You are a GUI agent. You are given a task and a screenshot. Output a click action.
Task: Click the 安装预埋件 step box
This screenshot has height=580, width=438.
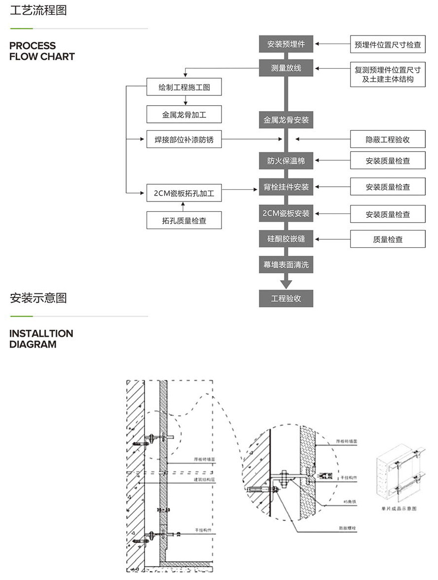pyautogui.click(x=286, y=44)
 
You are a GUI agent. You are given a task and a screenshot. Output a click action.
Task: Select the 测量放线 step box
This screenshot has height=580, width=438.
pyautogui.click(x=286, y=68)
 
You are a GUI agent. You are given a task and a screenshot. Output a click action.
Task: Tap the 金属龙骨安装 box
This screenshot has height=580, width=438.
pyautogui.click(x=286, y=120)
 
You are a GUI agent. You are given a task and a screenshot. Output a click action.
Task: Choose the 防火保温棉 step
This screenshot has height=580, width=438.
pyautogui.click(x=286, y=161)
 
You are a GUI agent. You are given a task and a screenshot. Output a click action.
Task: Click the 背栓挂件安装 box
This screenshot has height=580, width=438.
pyautogui.click(x=286, y=187)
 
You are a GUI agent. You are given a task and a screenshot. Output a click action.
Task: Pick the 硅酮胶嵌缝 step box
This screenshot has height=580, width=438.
pyautogui.click(x=286, y=239)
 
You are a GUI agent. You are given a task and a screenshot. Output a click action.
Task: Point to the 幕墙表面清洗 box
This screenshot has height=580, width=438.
pyautogui.click(x=286, y=264)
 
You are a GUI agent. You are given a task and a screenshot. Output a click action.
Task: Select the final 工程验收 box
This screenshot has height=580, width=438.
pyautogui.click(x=286, y=298)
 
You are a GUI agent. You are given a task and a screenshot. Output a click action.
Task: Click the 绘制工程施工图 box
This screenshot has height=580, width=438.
pyautogui.click(x=184, y=87)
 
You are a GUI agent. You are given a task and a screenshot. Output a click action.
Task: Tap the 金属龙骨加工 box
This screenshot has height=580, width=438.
pyautogui.click(x=184, y=115)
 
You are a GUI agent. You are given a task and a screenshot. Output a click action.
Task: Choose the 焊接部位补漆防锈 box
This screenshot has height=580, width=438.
pyautogui.click(x=184, y=140)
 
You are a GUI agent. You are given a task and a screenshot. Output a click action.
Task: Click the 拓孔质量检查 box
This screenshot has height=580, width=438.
pyautogui.click(x=184, y=221)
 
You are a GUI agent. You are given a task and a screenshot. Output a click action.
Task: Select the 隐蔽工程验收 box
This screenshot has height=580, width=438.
pyautogui.click(x=388, y=140)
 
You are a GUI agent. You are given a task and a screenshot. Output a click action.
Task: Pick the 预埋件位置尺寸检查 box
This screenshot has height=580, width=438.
pyautogui.click(x=388, y=45)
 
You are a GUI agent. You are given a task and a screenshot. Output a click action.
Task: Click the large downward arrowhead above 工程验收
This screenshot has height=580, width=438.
pyautogui.click(x=286, y=284)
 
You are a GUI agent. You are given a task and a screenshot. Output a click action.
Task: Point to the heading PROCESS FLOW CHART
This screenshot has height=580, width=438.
pyautogui.click(x=42, y=51)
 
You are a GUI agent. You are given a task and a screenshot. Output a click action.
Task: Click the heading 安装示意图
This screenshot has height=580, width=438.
pyautogui.click(x=38, y=298)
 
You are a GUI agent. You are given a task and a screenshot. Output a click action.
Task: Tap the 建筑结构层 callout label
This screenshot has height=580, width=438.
pyautogui.click(x=205, y=479)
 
